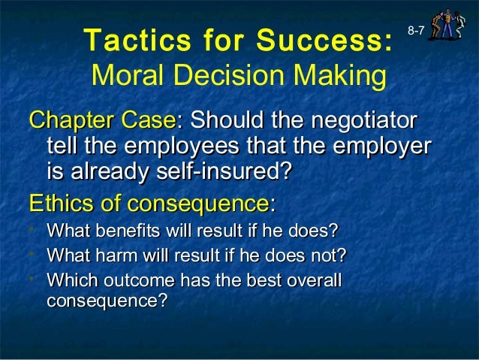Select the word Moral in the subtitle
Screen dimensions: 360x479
point(125,75)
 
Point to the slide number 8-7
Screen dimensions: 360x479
point(418,30)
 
